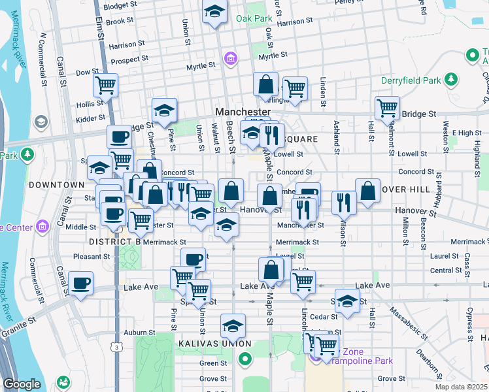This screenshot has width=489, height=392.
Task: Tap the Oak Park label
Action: pos(254,18)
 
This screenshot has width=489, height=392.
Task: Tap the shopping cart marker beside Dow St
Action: pos(105,84)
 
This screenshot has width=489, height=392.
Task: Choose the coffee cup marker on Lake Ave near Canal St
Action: pos(81,284)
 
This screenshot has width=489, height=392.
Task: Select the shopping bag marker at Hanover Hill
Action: pos(368,191)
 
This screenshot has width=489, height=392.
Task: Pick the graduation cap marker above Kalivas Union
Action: pos(232,325)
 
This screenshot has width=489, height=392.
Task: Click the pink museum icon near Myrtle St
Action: pos(230,60)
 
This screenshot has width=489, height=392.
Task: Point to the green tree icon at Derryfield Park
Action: pos(450,80)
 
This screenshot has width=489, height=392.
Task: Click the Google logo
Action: pos(22,384)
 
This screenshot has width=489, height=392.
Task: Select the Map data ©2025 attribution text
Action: pos(462,387)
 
